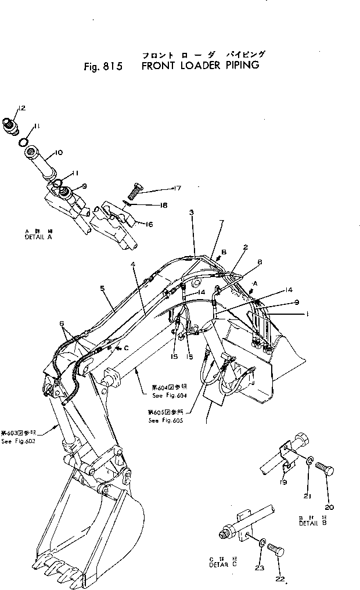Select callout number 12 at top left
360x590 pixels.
[21, 109]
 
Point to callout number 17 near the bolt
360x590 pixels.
[178, 188]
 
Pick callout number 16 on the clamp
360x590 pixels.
[150, 224]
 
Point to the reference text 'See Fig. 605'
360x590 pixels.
[165, 420]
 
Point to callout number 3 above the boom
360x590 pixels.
[191, 213]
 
